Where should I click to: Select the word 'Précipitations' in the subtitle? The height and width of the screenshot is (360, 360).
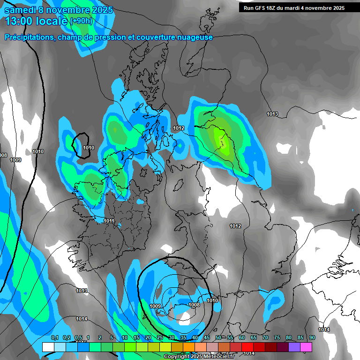[30, 37]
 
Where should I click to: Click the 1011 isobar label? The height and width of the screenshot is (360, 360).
[109, 221]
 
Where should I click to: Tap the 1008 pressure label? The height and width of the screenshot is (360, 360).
[194, 305]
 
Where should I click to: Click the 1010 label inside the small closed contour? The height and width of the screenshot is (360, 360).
[89, 148]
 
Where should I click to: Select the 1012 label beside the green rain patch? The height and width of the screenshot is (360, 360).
[178, 128]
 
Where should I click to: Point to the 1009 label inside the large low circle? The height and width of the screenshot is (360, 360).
[156, 306]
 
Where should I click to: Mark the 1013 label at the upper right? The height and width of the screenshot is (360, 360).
[272, 114]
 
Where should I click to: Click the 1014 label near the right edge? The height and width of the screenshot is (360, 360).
[324, 330]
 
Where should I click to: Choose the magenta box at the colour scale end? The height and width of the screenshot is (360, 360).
[306, 347]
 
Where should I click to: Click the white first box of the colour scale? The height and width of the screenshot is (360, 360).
[48, 347]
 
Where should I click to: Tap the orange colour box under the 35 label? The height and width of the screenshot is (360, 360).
[189, 347]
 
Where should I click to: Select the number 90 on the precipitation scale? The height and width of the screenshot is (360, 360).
[312, 338]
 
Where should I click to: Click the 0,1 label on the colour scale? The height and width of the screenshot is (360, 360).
[54, 338]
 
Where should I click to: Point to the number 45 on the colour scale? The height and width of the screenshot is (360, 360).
[207, 338]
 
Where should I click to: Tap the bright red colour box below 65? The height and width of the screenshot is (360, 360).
[247, 347]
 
